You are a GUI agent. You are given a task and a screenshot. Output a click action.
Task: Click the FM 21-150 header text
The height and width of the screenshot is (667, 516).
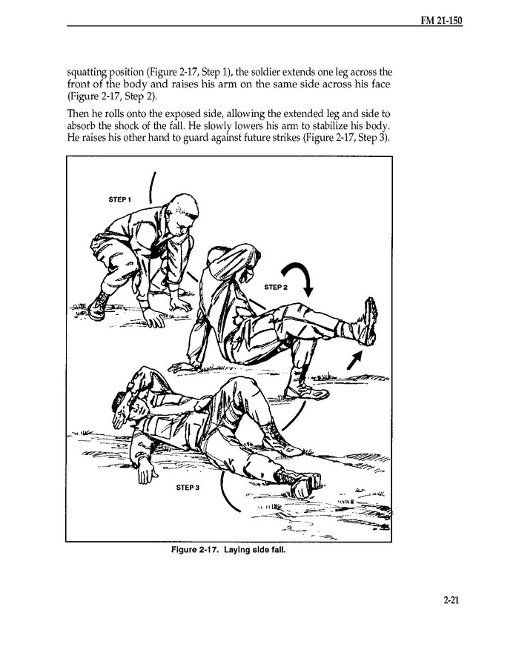(440, 19)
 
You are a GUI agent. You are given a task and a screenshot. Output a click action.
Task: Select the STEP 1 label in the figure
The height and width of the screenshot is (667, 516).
(119, 199)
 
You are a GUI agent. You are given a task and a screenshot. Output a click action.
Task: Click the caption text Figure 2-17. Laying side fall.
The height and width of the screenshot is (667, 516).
(228, 550)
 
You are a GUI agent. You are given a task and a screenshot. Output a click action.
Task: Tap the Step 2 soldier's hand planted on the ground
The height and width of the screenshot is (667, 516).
(182, 364)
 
